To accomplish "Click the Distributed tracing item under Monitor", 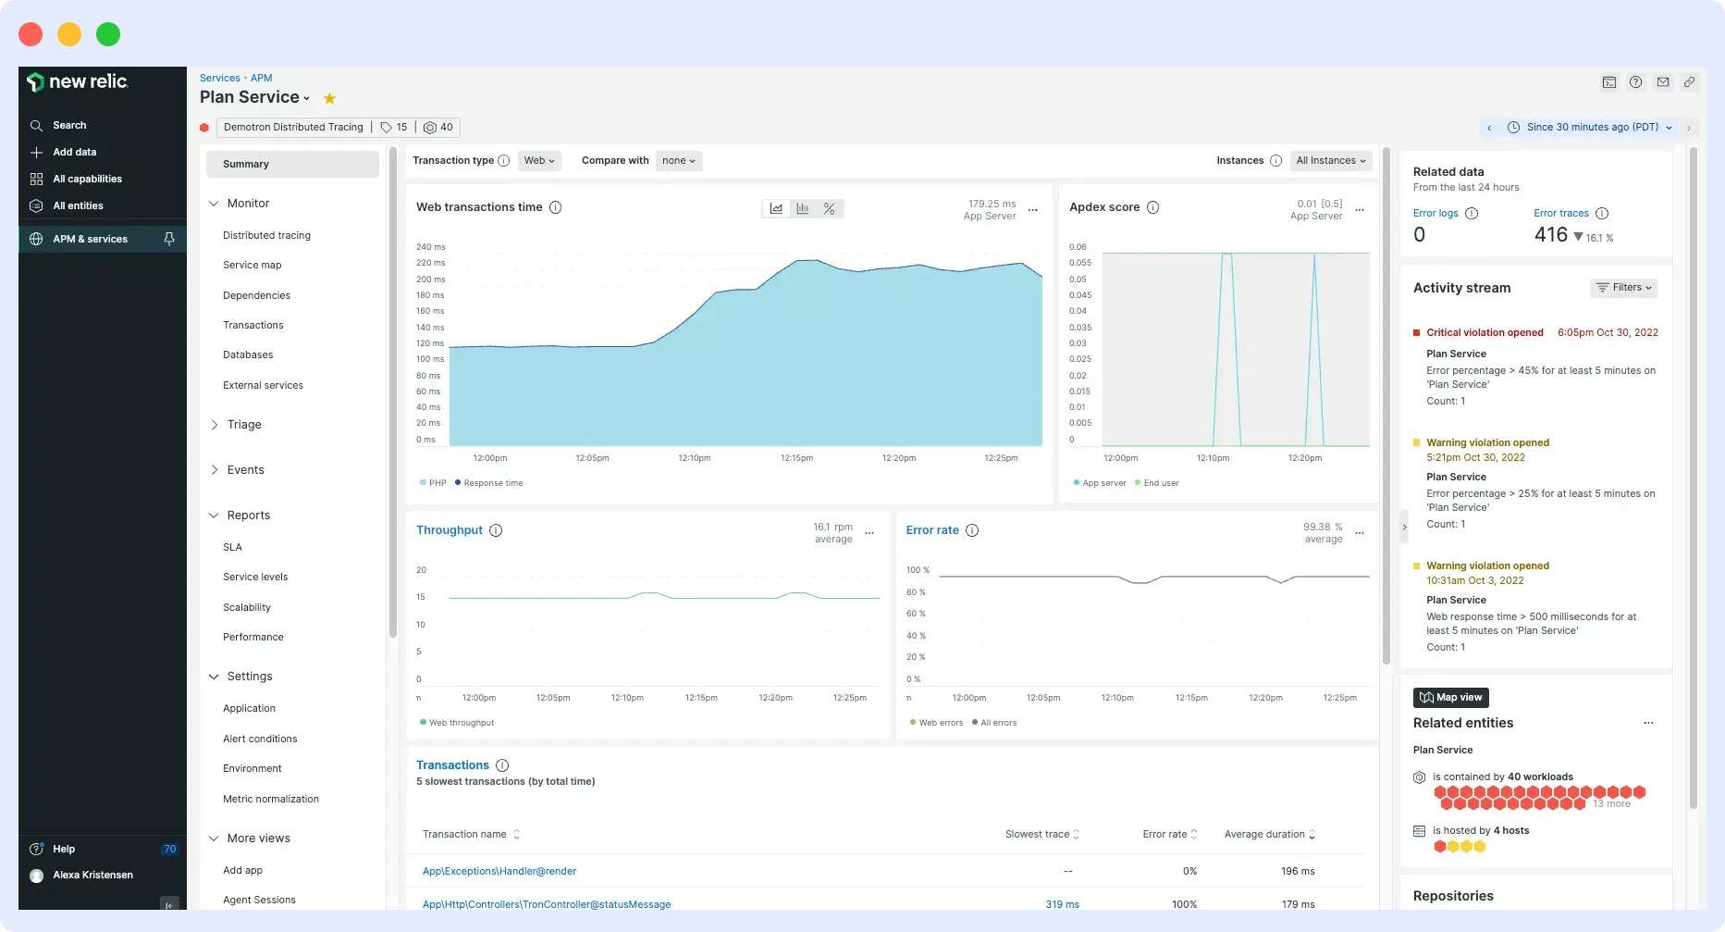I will [266, 235].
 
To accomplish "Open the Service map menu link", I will [252, 265].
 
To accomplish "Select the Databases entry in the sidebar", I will [248, 354].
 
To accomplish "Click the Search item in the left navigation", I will [69, 125].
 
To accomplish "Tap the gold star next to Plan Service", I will [329, 98].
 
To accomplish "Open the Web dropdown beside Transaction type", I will [539, 160].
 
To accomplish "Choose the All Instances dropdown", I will [1331, 160].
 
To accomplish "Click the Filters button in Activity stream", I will [1624, 288].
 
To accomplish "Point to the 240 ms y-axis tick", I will [430, 247].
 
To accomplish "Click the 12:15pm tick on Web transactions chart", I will [796, 458].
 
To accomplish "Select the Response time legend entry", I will [493, 483].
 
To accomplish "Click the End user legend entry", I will [1161, 483].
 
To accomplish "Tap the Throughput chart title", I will [450, 530].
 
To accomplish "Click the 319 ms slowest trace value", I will [1062, 904].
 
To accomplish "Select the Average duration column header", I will [1264, 834].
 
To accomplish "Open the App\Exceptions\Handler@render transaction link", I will [499, 871].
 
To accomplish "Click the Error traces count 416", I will [1550, 235].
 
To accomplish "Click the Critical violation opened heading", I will [1485, 332].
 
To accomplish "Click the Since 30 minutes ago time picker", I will [1592, 127].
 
